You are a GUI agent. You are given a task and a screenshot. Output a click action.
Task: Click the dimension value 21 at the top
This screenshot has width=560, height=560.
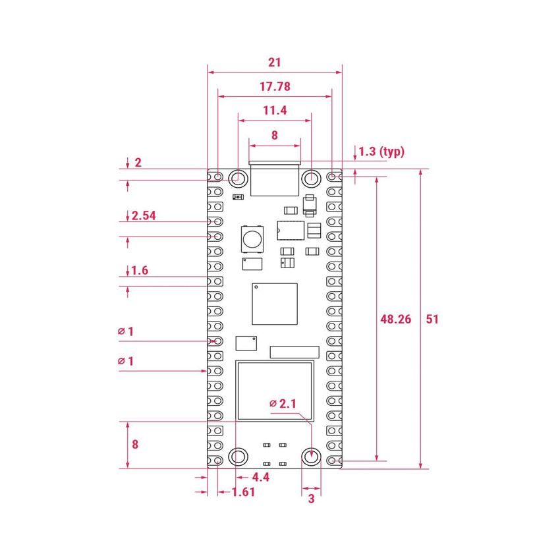(275, 63)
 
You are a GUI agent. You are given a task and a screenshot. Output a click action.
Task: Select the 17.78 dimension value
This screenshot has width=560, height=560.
(275, 86)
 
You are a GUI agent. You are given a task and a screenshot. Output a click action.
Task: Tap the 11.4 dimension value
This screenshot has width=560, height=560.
(275, 111)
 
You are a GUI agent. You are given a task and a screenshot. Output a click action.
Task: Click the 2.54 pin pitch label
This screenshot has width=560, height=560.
(144, 215)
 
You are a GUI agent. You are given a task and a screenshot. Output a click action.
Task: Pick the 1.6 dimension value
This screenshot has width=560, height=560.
(140, 270)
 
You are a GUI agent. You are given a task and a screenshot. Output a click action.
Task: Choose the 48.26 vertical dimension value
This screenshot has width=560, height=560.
(396, 319)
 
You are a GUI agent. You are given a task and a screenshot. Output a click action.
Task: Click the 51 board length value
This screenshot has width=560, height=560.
(432, 319)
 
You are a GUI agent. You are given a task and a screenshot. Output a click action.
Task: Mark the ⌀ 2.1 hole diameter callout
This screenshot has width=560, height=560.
(284, 403)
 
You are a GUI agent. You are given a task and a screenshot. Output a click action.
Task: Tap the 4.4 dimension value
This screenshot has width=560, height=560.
(261, 476)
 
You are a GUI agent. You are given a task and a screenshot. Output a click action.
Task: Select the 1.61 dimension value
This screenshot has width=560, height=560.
(243, 492)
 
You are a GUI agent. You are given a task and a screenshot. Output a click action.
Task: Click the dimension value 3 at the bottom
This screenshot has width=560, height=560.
(312, 499)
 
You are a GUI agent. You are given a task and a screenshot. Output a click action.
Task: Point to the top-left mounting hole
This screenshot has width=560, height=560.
(238, 177)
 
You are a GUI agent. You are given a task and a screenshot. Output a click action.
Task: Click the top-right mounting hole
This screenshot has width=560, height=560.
(311, 177)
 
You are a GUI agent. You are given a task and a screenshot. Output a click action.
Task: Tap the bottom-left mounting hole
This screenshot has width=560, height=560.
(238, 457)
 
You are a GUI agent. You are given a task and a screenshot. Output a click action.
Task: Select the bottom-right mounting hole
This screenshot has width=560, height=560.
(311, 457)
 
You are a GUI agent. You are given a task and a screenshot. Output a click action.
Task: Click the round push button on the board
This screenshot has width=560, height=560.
(252, 238)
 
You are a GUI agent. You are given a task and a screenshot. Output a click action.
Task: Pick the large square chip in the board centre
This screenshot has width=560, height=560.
(275, 304)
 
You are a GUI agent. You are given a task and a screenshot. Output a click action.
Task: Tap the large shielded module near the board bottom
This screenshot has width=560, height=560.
(275, 391)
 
